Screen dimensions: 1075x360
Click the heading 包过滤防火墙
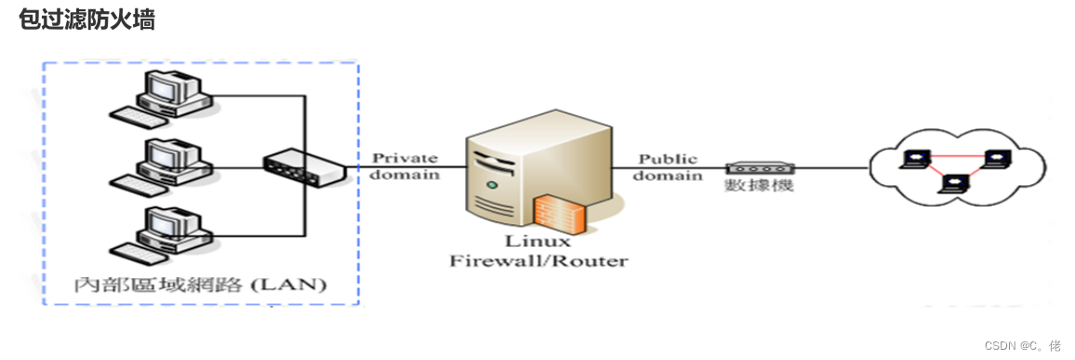click(x=87, y=20)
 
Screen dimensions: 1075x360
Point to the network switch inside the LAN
click(x=303, y=168)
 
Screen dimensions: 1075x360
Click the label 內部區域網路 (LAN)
click(x=200, y=284)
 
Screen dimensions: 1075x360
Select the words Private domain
click(x=405, y=166)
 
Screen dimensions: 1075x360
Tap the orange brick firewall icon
click(x=560, y=214)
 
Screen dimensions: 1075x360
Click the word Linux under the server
click(x=537, y=242)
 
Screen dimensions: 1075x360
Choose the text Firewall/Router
click(x=537, y=261)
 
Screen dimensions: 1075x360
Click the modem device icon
click(x=761, y=168)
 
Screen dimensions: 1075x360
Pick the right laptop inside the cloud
click(x=996, y=158)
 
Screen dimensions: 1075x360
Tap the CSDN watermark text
click(x=1023, y=343)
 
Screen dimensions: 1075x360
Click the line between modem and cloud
click(x=832, y=167)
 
